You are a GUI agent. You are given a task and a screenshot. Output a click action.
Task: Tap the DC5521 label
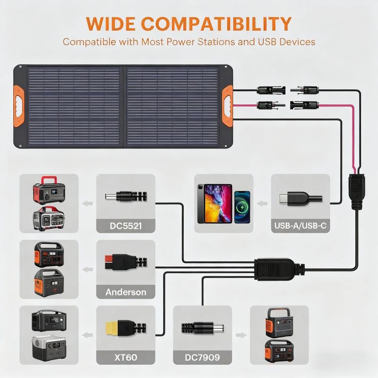point(126,226)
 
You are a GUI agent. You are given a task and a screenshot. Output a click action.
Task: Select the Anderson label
point(126,292)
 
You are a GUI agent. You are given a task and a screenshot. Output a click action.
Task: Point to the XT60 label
point(126,358)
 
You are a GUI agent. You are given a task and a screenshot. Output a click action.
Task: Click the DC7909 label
point(203,358)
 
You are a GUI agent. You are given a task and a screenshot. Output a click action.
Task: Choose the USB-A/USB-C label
point(301,226)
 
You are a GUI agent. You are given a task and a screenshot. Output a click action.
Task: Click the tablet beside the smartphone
point(214,203)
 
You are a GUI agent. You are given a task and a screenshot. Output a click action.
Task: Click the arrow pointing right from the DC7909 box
point(241,335)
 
